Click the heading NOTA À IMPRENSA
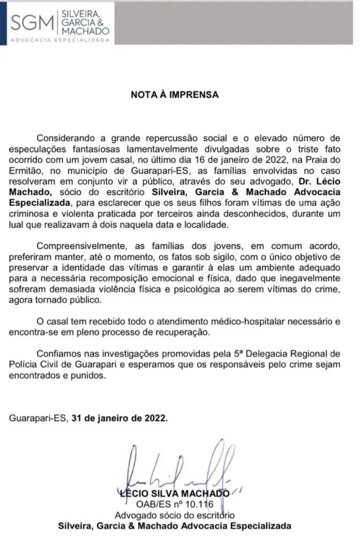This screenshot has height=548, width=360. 175,94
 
